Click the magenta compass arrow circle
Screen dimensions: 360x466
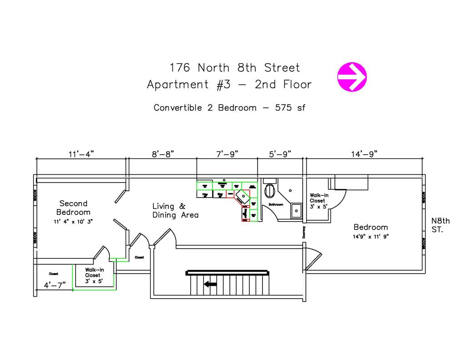point(352,76)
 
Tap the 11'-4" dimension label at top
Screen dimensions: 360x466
point(81,154)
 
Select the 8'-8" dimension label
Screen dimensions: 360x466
point(162,154)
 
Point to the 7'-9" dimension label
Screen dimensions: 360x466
point(227,154)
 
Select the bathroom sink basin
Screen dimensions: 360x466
point(296,210)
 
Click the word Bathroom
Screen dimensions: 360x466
point(276,205)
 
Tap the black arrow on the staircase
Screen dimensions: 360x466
point(210,284)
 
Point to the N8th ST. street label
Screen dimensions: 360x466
point(441,225)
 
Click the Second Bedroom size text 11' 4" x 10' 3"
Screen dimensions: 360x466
point(73,222)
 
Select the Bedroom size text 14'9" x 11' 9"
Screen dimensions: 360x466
point(371,237)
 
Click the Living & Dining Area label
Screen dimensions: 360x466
point(175,211)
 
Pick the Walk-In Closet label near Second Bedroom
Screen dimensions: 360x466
point(93,275)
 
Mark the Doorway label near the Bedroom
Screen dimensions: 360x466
point(304,232)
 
